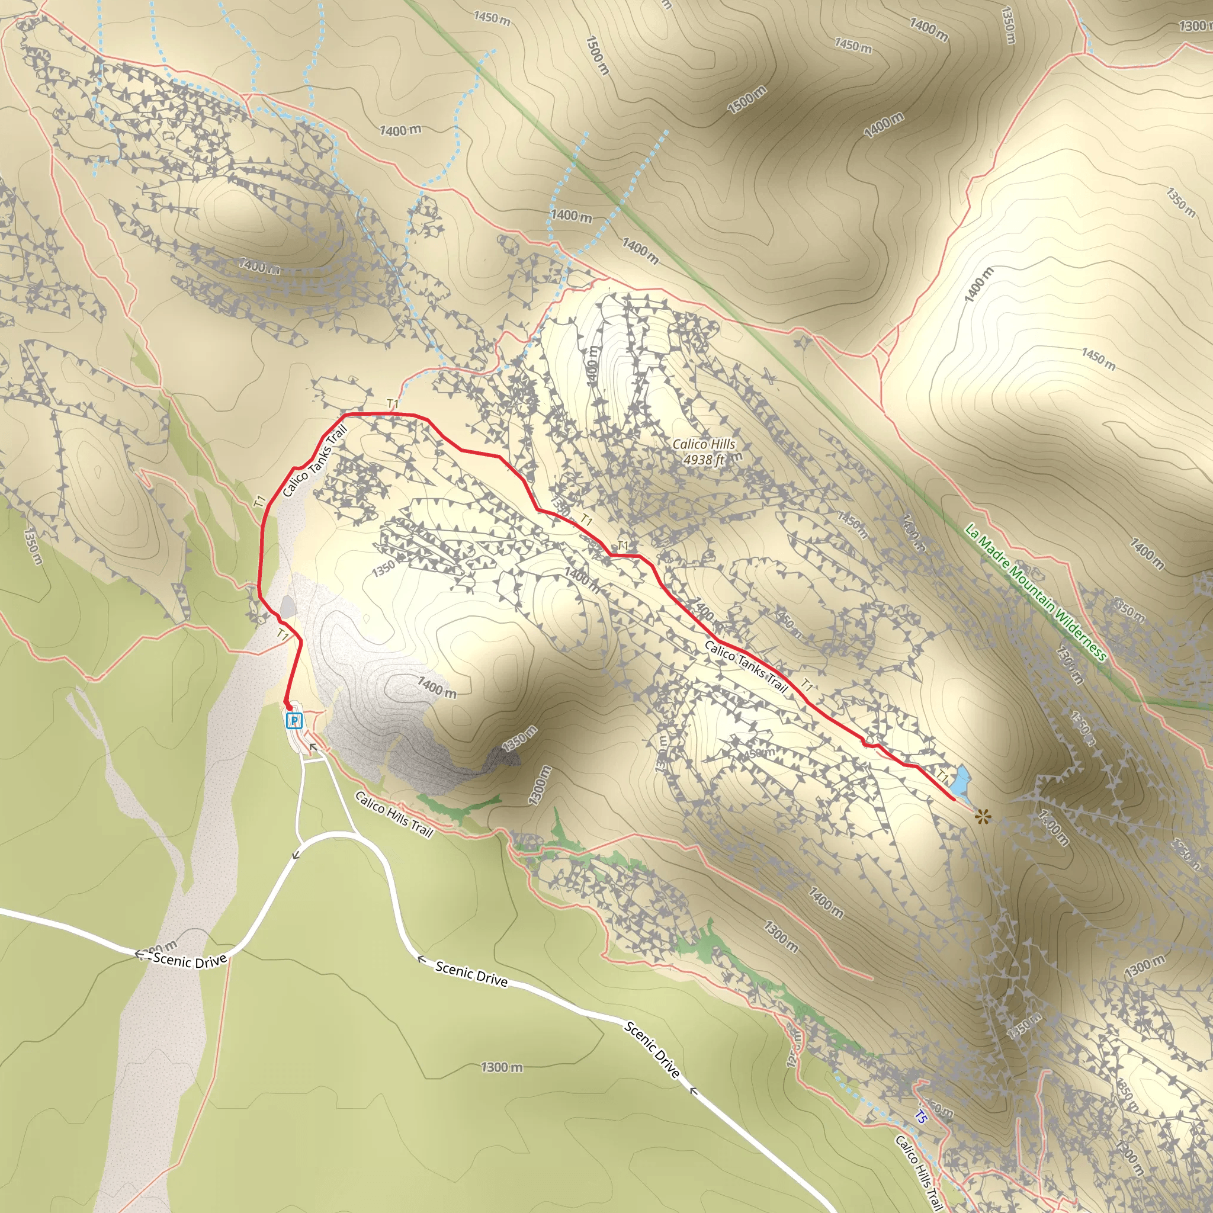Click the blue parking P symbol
tap(294, 721)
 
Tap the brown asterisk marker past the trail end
tap(983, 817)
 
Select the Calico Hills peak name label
tap(703, 444)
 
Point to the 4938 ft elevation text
tap(703, 460)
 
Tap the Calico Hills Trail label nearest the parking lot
tap(394, 814)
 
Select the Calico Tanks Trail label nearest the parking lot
tap(315, 461)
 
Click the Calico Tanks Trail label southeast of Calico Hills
tap(745, 666)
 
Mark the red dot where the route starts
tap(288, 707)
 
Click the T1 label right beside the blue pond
tap(942, 776)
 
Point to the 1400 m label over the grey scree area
tap(437, 688)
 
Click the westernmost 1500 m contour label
tap(597, 55)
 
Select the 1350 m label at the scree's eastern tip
tap(519, 739)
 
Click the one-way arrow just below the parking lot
tap(313, 747)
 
